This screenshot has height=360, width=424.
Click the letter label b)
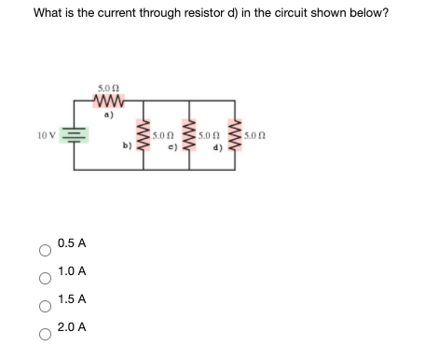(127, 145)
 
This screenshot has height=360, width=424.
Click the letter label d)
(217, 145)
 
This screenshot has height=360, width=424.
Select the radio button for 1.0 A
(43, 278)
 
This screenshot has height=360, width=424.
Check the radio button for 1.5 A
(43, 306)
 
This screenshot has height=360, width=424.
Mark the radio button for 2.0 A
(43, 334)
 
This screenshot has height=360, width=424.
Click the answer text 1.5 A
(72, 299)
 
